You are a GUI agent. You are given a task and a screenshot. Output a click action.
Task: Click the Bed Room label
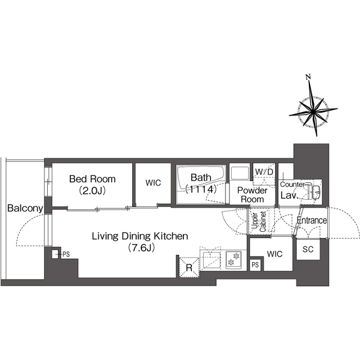coord(92,179)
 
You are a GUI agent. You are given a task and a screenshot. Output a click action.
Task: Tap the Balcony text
coord(25,208)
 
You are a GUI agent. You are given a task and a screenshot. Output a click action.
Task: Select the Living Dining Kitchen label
coord(140,236)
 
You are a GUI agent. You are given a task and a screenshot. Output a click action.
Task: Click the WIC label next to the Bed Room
coord(153,183)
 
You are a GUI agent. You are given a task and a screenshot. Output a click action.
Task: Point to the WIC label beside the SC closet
coord(274,254)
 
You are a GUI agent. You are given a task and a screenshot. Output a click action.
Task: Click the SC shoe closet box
coord(308,250)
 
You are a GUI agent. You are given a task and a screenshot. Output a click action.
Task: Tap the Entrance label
coord(312,220)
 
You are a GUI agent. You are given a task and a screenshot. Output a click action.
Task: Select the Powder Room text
coord(253,195)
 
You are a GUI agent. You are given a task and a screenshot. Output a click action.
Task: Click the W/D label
coord(264,172)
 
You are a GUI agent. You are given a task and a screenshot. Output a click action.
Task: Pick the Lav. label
coord(289,195)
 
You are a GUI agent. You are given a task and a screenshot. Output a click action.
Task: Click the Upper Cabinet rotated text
coord(259,222)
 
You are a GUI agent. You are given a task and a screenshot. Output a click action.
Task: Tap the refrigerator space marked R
coord(189,268)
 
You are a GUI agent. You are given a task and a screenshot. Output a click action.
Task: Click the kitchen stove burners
coord(233,259)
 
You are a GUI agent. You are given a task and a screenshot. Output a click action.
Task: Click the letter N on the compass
coord(308,77)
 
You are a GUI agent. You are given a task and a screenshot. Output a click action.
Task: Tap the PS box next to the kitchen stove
coord(255,265)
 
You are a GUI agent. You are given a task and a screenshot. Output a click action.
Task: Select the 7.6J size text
coord(141,247)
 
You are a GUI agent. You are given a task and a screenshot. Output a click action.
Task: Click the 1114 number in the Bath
coord(201,189)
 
